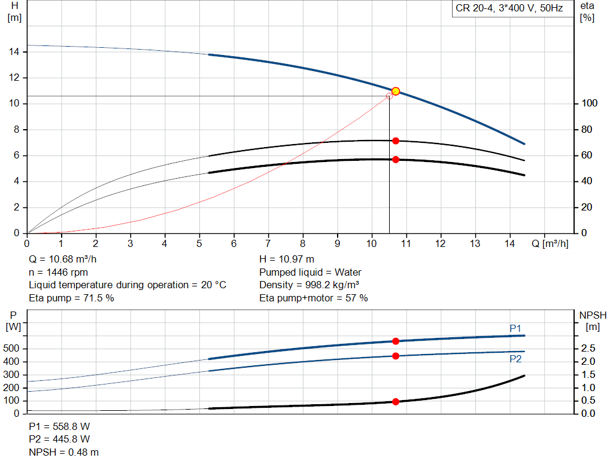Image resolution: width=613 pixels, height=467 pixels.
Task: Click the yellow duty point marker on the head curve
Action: pos(396,91)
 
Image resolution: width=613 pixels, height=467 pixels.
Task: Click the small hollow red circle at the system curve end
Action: pos(389,96)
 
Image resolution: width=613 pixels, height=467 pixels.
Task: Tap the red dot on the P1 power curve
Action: pos(396,341)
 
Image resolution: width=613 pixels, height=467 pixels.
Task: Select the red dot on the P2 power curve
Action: pos(396,356)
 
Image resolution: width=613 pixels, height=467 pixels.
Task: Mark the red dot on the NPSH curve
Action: pos(396,402)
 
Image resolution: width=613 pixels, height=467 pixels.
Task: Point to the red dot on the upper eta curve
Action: pos(396,141)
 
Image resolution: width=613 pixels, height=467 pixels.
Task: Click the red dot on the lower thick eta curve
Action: pos(396,160)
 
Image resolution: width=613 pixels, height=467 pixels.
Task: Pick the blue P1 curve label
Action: pos(515,328)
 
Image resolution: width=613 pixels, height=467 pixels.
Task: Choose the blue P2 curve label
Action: pos(515,359)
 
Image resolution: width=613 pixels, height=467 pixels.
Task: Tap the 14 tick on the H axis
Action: pos(14,52)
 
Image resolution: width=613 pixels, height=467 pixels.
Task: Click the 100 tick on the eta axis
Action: pos(590,103)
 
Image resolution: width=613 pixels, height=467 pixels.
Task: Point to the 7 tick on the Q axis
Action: pos(268,243)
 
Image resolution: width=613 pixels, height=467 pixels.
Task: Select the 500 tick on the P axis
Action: pos(11,348)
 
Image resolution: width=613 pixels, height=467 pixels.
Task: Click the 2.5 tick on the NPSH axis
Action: pos(588,348)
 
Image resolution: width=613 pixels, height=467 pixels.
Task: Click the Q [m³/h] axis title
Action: pos(550,243)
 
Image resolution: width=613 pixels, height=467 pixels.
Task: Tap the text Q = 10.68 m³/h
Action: pos(62,260)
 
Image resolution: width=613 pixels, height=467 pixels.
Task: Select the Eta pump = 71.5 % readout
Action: pos(72,298)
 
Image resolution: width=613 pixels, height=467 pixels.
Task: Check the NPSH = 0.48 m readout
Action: pos(63,452)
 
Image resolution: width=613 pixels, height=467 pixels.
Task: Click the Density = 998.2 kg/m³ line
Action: pos(309,285)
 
